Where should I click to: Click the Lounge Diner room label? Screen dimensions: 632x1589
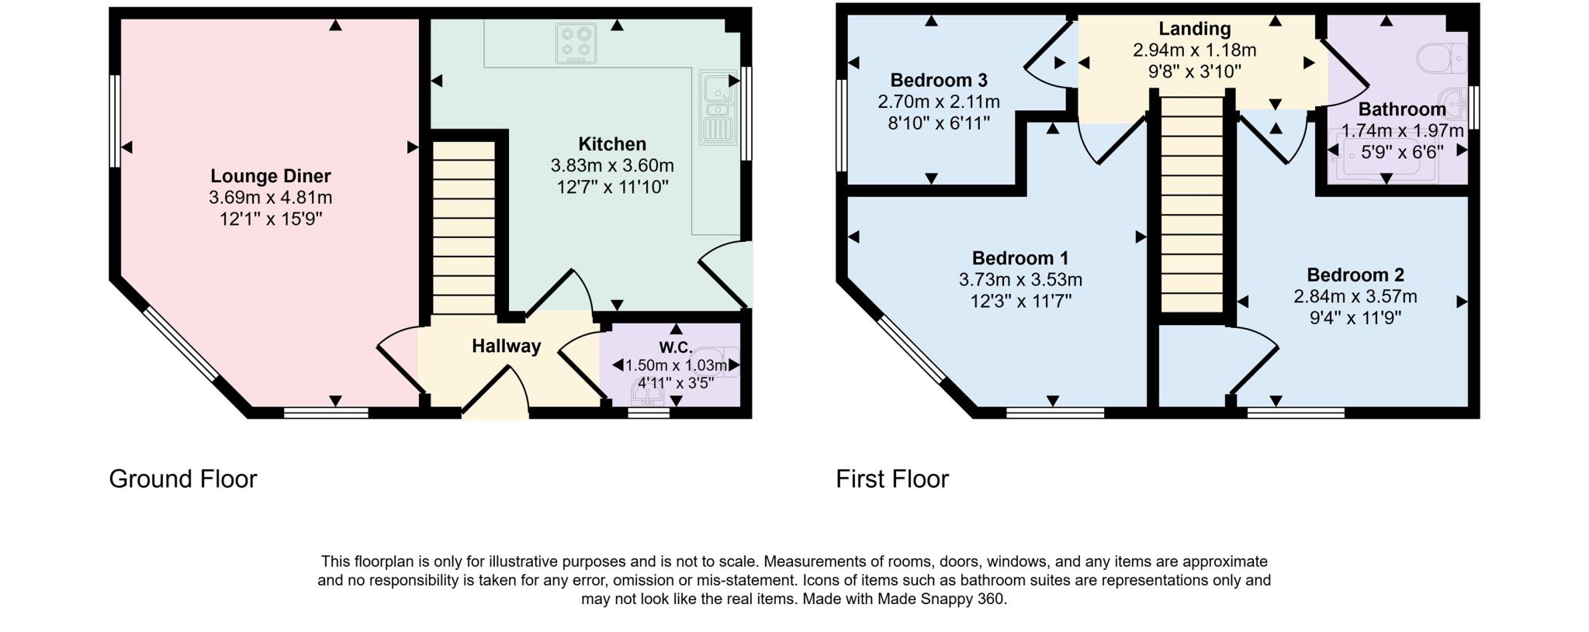click(x=270, y=176)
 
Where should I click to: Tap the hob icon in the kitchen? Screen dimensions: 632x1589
click(x=576, y=43)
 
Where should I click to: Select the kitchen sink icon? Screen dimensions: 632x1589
click(x=718, y=108)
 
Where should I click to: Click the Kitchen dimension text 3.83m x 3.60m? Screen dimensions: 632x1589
click(x=611, y=165)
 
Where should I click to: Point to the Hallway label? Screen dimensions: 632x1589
click(x=506, y=346)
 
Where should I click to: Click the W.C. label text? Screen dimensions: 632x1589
click(x=675, y=347)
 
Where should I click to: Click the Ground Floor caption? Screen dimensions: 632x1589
click(x=182, y=478)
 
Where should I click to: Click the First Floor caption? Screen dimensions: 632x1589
click(x=891, y=478)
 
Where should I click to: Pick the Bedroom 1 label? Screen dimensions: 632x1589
click(x=1020, y=257)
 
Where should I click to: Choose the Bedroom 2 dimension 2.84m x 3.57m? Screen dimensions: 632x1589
click(x=1355, y=296)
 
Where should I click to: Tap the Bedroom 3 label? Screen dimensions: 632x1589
click(x=938, y=80)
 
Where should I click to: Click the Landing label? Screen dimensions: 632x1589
click(x=1194, y=29)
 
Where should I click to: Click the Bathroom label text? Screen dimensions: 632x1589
click(x=1401, y=109)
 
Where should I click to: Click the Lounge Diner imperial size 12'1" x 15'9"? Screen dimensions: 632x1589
click(x=270, y=219)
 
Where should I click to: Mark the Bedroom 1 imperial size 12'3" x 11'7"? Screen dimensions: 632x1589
click(x=1020, y=301)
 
